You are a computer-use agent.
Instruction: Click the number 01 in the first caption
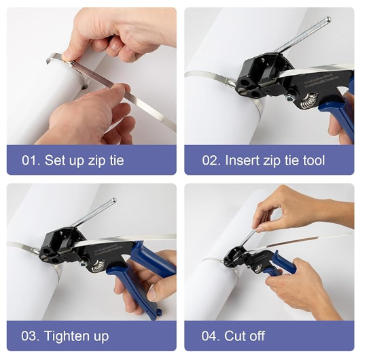pos(29,160)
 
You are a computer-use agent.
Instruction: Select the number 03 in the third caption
pos(28,336)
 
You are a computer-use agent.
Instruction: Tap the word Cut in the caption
pos(233,336)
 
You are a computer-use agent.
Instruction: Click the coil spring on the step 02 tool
pos(309,101)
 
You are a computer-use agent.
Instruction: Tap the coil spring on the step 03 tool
pos(99,266)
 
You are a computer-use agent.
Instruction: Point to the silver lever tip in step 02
pos(328,19)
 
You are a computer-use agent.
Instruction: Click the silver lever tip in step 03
pos(114,201)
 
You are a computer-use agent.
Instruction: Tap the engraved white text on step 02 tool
pos(317,85)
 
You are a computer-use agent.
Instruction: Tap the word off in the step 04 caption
pos(256,336)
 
